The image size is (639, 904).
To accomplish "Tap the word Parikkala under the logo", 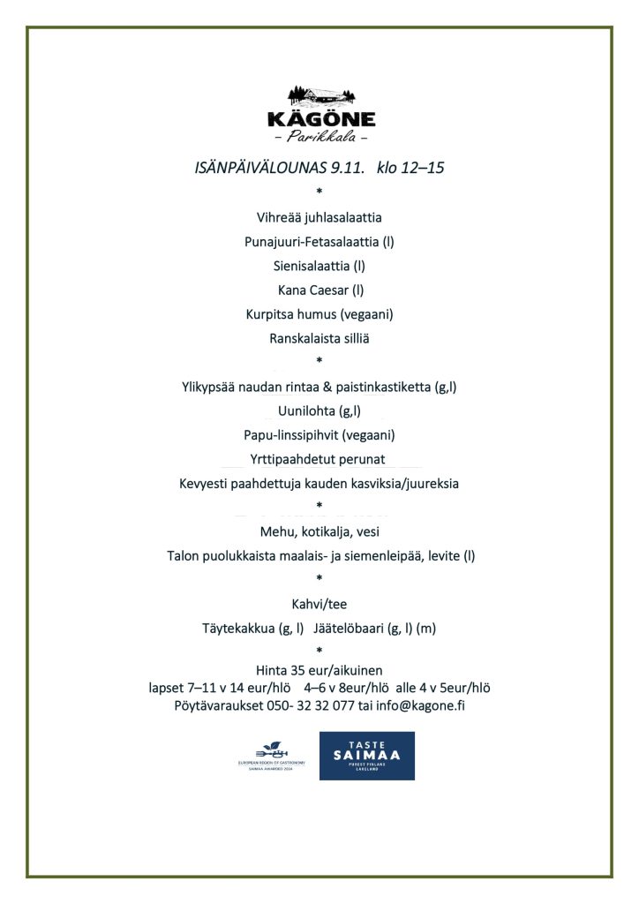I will pyautogui.click(x=320, y=138).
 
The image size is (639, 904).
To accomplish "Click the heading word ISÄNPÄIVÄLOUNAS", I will pyautogui.click(x=255, y=167).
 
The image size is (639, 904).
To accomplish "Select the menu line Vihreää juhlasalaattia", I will pyautogui.click(x=319, y=217).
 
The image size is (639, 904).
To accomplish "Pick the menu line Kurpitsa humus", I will pyautogui.click(x=319, y=314).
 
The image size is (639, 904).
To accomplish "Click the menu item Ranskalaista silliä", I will pyautogui.click(x=319, y=338).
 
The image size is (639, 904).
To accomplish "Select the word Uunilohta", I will pyautogui.click(x=306, y=411).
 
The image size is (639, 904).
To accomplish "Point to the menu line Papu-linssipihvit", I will pyautogui.click(x=319, y=435).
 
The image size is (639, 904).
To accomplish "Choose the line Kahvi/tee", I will pyautogui.click(x=319, y=605).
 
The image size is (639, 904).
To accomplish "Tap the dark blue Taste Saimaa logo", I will pyautogui.click(x=366, y=756).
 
